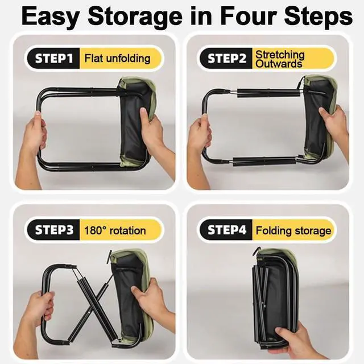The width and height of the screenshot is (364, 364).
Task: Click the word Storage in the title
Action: (x=135, y=16)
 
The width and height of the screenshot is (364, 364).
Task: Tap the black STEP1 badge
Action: (x=53, y=58)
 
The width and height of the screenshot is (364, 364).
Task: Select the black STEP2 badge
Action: (x=226, y=58)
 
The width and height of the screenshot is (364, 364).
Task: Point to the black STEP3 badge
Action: (x=53, y=230)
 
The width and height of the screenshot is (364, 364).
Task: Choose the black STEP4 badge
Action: (x=226, y=230)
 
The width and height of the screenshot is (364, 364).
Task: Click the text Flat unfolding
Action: (x=117, y=58)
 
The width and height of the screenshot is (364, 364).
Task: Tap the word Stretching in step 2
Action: (x=280, y=55)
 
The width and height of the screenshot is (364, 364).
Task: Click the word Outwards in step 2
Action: (x=279, y=64)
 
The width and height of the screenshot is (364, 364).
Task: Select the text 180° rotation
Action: (x=115, y=230)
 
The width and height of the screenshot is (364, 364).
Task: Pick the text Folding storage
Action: (x=293, y=230)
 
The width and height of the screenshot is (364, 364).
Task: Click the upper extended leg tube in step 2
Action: (x=268, y=93)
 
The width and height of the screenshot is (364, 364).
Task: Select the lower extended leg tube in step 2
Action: (x=264, y=162)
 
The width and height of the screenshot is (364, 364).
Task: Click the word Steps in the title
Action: (x=318, y=16)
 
